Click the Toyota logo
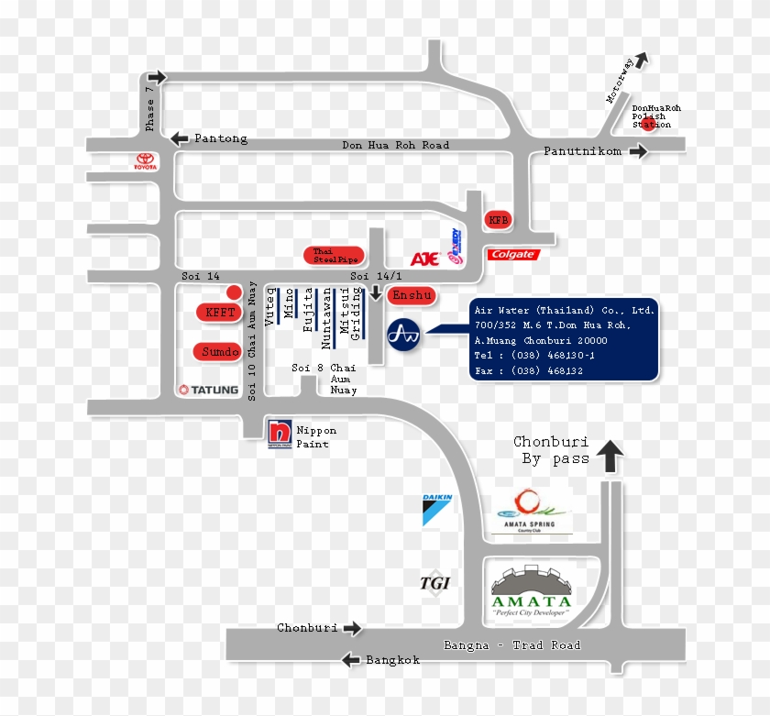[x=146, y=162]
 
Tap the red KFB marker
[x=497, y=221]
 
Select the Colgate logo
[x=512, y=254]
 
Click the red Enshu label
[x=412, y=295]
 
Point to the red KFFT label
[x=220, y=313]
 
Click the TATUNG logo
[x=208, y=390]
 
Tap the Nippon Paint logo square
[x=280, y=432]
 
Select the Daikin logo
[x=437, y=509]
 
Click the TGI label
[x=434, y=582]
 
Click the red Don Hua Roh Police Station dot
[x=647, y=125]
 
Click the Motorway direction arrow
[x=641, y=60]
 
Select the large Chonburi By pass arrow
[x=610, y=456]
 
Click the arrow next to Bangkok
[x=349, y=659]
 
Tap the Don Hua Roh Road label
[x=395, y=145]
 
